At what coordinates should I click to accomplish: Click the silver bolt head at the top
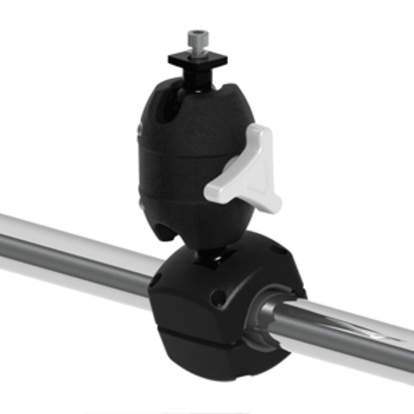pyautogui.click(x=198, y=39)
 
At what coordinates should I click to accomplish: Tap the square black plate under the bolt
pyautogui.click(x=197, y=58)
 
